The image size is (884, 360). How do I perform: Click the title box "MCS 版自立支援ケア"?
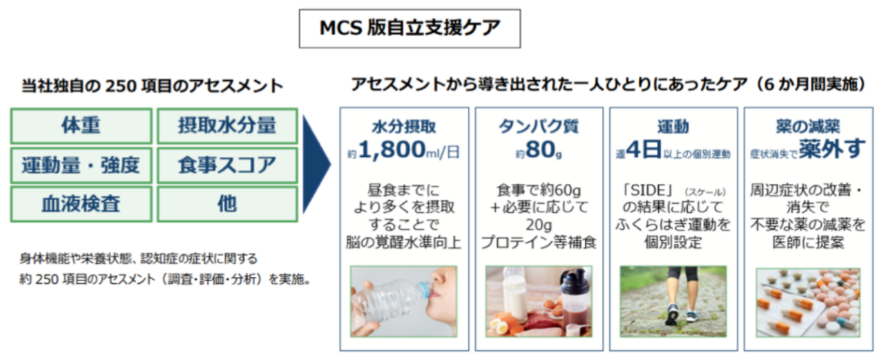click(410, 29)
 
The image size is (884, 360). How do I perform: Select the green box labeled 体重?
click(81, 126)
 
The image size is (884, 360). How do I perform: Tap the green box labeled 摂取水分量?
click(227, 126)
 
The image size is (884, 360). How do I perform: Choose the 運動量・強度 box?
click(81, 165)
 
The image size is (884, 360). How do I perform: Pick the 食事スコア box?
click(227, 165)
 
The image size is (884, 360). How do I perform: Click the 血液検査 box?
click(81, 204)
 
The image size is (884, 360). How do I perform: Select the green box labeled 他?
click(227, 204)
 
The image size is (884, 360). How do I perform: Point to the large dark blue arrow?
click(316, 164)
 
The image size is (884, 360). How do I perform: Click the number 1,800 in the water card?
click(392, 150)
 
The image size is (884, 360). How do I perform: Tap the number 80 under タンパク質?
click(540, 150)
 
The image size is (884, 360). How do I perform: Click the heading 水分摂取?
click(404, 126)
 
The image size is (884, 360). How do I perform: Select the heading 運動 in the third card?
click(673, 126)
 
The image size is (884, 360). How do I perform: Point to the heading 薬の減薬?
click(808, 126)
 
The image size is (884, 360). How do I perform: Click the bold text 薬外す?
click(832, 149)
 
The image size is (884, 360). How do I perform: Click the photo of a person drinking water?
click(404, 301)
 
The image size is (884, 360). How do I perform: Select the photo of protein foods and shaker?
click(539, 301)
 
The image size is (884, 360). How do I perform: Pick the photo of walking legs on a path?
click(673, 301)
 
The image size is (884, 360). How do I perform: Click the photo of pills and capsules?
click(808, 303)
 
